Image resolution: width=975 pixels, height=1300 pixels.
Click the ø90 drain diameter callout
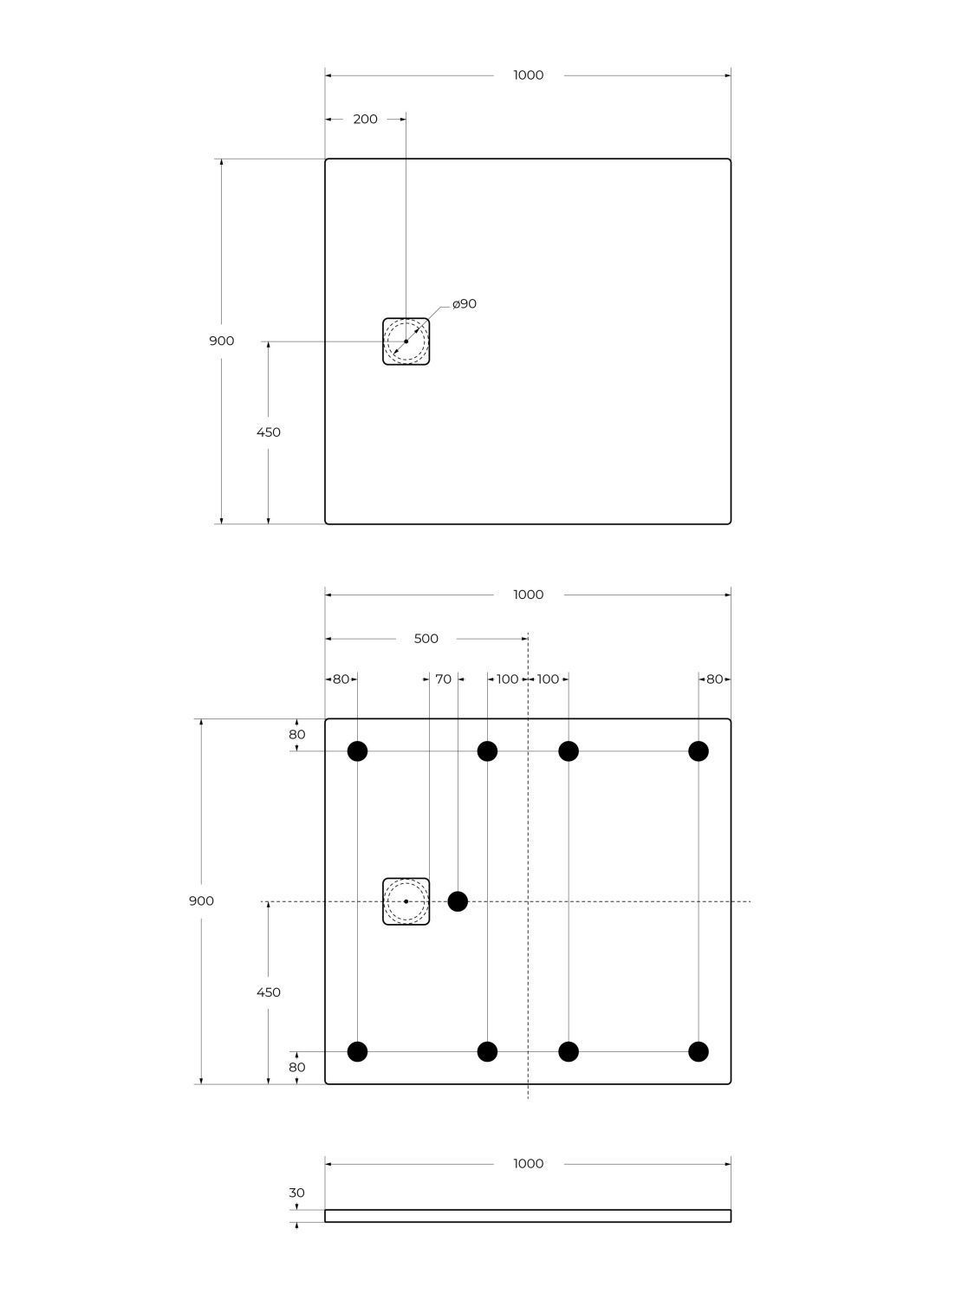465,304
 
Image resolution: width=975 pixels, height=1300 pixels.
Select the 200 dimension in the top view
365,119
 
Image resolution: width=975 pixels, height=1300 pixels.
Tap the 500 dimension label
426,639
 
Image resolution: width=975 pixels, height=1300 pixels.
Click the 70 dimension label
444,679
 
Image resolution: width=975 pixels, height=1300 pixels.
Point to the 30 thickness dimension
296,1193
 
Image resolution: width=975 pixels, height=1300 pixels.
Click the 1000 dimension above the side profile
528,1164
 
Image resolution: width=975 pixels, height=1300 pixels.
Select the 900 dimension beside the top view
221,341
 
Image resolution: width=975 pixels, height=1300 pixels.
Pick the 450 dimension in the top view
268,432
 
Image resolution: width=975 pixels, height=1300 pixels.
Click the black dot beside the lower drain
458,901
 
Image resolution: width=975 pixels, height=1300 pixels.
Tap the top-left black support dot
358,751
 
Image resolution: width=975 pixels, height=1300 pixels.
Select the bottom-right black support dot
699,1052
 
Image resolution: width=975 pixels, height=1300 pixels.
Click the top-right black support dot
699,751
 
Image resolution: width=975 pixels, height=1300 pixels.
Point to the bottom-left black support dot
358,1052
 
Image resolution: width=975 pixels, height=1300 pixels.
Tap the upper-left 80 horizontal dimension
341,679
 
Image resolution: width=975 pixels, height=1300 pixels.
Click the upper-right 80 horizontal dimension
714,679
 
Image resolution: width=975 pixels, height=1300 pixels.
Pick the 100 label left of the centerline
507,679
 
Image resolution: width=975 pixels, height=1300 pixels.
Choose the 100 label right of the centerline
548,679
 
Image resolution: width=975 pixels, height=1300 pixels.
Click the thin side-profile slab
528,1216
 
